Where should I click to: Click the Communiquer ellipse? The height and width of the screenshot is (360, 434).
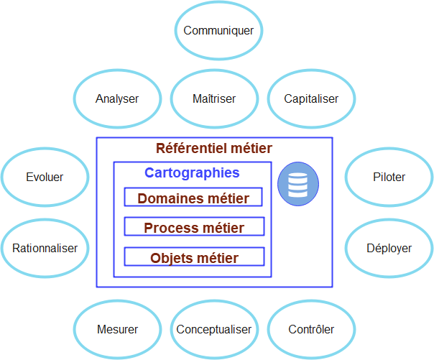[218, 31]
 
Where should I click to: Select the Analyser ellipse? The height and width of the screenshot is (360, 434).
[117, 99]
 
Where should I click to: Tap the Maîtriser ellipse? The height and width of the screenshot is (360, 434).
[214, 99]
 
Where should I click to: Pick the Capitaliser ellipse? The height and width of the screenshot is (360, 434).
[311, 99]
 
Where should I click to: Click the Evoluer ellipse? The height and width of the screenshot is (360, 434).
[45, 177]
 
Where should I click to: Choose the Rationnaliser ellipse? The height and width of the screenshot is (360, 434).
[45, 248]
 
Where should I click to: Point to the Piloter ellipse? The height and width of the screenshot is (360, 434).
[389, 177]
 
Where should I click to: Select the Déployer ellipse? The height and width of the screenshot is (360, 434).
[389, 248]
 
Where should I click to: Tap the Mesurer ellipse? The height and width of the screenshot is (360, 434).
[117, 330]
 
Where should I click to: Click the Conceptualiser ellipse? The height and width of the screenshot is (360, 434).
[214, 330]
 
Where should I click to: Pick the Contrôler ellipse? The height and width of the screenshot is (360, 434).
[311, 330]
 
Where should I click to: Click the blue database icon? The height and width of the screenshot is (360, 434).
[297, 184]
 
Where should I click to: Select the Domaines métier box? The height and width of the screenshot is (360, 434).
[193, 198]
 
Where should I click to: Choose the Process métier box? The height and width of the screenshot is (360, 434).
[193, 228]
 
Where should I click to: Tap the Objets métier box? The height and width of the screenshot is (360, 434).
[193, 257]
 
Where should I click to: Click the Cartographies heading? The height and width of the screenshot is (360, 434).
[192, 173]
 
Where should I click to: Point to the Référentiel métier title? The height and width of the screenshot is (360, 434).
[214, 149]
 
